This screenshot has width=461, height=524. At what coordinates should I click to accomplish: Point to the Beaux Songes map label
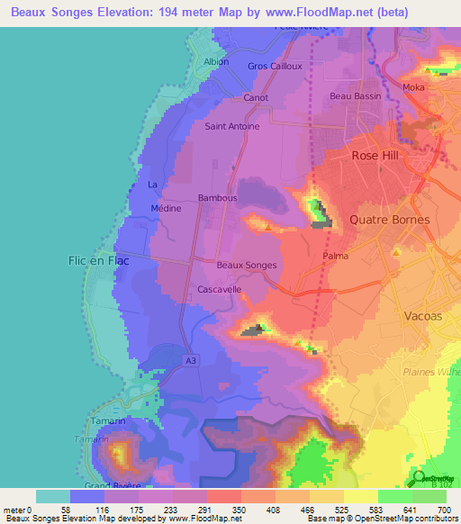coord(247,265)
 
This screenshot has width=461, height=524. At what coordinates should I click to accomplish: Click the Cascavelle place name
coord(219,290)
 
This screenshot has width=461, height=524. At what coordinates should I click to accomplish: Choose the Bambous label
coord(217,197)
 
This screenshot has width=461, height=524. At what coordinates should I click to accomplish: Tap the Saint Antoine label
coord(232,126)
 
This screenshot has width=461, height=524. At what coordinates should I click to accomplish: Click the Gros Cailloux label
coord(274,66)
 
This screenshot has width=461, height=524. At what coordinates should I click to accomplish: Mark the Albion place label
coord(217,62)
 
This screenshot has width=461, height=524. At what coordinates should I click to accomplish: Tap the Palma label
coord(335,256)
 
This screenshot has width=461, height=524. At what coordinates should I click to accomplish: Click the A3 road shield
coord(190,361)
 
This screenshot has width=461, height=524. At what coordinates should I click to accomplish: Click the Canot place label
coord(256,97)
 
